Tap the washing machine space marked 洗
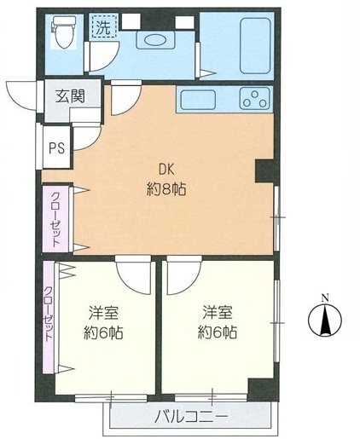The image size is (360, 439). (104, 27)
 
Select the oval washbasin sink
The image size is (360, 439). (154, 40)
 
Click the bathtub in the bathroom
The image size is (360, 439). (255, 45)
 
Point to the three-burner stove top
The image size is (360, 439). (254, 98)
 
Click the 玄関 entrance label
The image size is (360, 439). (70, 96)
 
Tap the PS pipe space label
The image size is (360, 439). (56, 147)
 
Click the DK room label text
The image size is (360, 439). (166, 170)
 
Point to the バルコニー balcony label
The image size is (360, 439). (191, 417)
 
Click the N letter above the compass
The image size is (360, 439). (325, 298)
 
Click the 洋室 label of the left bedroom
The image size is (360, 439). (103, 313)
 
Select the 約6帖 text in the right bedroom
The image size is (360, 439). (218, 332)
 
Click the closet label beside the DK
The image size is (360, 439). (56, 218)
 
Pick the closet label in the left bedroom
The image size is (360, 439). (49, 313)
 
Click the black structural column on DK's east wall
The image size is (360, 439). (264, 170)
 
